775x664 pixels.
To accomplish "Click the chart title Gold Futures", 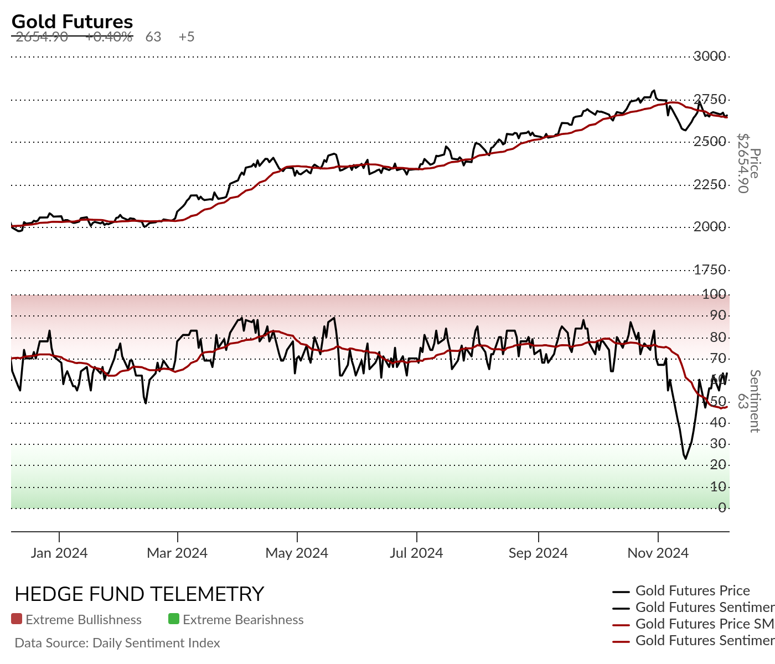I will click(72, 22).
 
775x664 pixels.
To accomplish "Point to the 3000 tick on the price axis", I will click(710, 56).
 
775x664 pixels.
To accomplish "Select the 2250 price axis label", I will click(710, 185).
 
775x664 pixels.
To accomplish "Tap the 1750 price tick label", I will click(710, 270).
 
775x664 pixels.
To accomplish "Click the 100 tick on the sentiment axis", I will click(714, 294).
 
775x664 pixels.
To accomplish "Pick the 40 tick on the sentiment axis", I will click(718, 423).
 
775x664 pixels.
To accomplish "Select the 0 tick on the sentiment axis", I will click(722, 508).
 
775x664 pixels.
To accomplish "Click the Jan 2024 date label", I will click(59, 553).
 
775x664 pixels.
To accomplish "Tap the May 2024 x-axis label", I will click(297, 553).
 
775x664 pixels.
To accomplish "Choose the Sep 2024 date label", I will click(538, 553).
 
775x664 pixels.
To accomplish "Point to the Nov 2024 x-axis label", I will click(658, 553).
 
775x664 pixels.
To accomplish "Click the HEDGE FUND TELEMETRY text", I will click(139, 594).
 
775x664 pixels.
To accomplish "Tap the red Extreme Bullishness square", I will click(17, 619).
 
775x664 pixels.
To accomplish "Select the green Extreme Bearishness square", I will click(174, 619).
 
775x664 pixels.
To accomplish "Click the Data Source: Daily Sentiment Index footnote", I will click(117, 643).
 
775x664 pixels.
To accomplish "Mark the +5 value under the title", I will click(187, 37).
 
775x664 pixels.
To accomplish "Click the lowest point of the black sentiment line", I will click(685, 458).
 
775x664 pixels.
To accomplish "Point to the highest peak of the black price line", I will click(654, 90).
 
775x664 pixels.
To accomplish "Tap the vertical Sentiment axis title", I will click(754, 401).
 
